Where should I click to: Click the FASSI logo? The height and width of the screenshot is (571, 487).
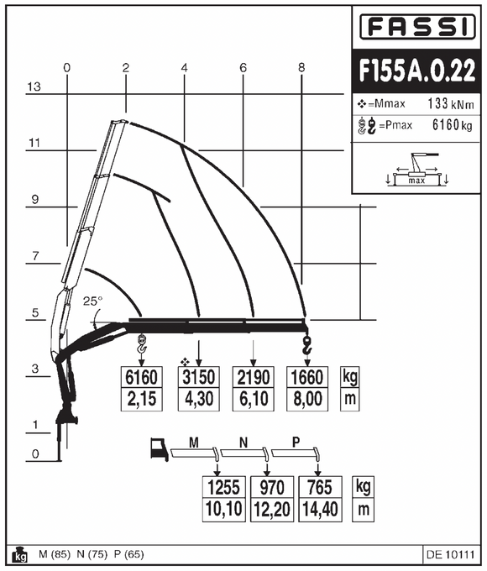click(x=416, y=29)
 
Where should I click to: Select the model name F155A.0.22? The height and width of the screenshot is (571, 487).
click(x=416, y=71)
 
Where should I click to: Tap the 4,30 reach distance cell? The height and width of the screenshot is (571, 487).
click(x=199, y=398)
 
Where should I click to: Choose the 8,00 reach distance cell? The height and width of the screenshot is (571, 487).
click(x=306, y=398)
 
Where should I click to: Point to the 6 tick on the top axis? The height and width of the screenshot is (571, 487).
click(x=242, y=67)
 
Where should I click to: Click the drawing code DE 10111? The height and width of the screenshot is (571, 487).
click(x=450, y=553)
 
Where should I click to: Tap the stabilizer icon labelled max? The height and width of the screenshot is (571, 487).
click(x=416, y=171)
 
